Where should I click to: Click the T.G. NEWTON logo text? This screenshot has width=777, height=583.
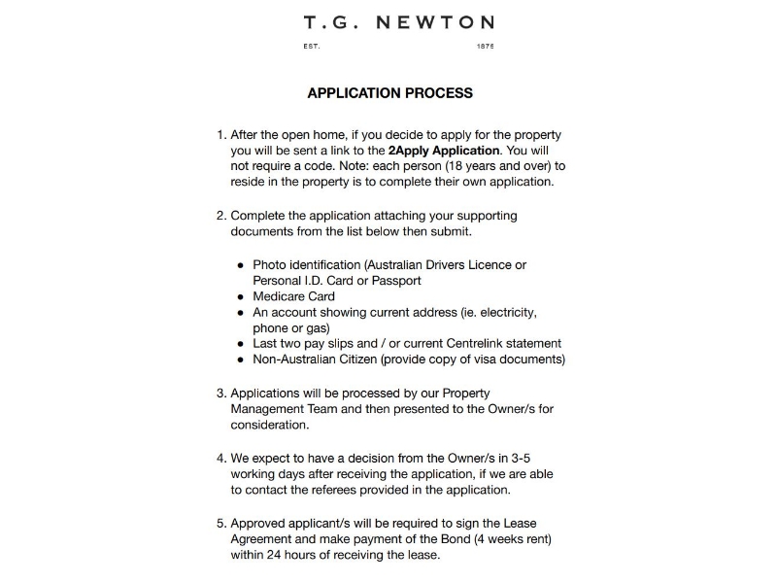[x=398, y=22]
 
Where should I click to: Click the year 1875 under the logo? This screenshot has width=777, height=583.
[x=486, y=47]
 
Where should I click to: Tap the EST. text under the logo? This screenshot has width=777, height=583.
[x=312, y=47]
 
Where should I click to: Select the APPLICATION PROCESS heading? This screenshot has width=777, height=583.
[x=389, y=93]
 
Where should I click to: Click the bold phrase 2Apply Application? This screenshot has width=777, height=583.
[x=444, y=151]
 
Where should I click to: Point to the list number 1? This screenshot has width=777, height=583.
[x=220, y=135]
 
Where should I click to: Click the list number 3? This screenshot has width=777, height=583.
[x=220, y=394]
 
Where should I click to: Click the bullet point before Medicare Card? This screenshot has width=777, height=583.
[x=240, y=297]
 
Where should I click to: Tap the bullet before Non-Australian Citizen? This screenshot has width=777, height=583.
[x=240, y=360]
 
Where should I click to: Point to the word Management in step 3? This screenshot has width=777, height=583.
[x=268, y=409]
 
